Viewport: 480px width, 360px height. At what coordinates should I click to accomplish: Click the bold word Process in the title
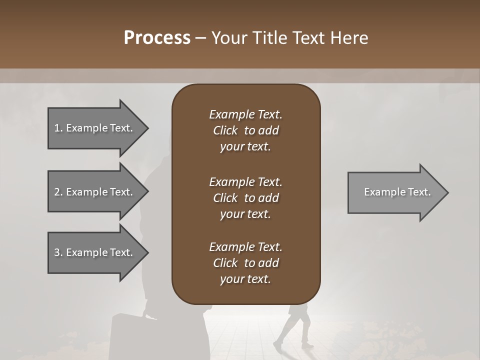click(x=156, y=38)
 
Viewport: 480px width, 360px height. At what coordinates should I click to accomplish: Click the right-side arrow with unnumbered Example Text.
click(x=395, y=192)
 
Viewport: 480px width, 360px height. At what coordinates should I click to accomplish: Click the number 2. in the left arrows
click(x=58, y=192)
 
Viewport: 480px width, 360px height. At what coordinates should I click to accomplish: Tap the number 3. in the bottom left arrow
click(x=58, y=252)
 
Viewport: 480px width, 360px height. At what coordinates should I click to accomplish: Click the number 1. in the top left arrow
click(x=58, y=128)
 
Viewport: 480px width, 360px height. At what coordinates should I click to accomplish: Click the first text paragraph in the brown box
click(x=245, y=130)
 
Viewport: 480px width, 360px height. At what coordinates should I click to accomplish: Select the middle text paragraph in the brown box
click(x=245, y=198)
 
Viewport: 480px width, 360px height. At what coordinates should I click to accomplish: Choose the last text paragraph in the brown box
click(x=245, y=263)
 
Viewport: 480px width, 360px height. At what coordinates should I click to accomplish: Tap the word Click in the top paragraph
click(x=225, y=130)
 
